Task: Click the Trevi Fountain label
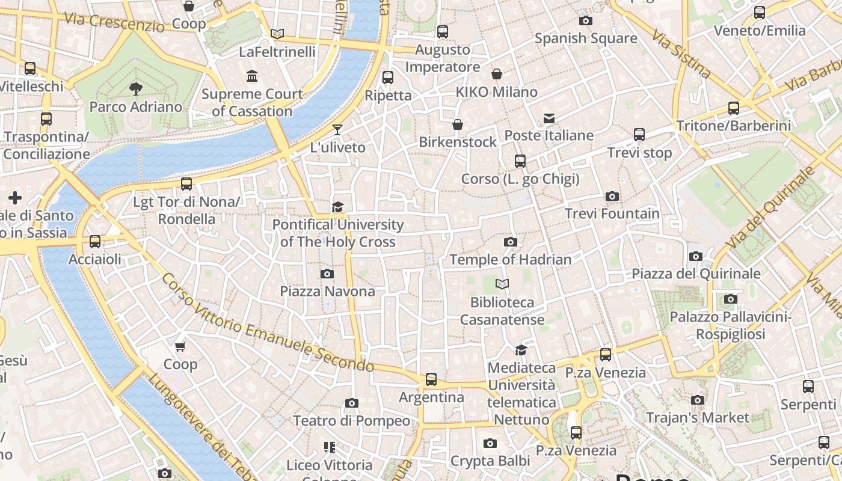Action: pos(612,213)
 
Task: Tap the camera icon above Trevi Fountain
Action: pos(612,197)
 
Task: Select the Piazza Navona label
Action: pos(327,291)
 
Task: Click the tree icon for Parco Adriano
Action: pos(136,89)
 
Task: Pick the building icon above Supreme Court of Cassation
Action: pos(252,76)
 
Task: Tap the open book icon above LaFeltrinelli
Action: pos(277,34)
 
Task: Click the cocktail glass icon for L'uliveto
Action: pos(337,129)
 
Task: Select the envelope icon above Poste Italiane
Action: pos(549,118)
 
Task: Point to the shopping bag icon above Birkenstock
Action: pos(458,124)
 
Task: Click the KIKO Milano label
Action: pos(497,92)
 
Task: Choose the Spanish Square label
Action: pos(586,38)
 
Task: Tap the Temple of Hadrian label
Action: pos(511,260)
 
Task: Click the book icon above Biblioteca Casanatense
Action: pos(502,284)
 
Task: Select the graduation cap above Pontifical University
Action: pos(338,207)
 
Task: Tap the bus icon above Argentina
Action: pos(431,379)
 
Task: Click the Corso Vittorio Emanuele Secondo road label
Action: pos(268,323)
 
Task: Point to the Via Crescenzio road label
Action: pos(114,22)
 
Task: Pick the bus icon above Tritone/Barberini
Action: pos(734,108)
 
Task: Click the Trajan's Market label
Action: pos(698,417)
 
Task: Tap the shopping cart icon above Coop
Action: pos(180,346)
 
